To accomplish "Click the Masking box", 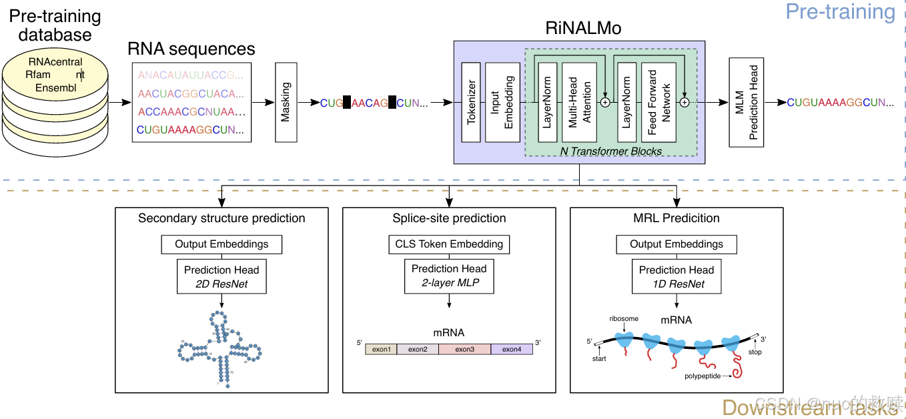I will tap(286, 102).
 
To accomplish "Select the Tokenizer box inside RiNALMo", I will tap(471, 102).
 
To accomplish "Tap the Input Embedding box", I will tap(502, 102).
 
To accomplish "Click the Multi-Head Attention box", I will tap(579, 102).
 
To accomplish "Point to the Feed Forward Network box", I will tap(658, 102).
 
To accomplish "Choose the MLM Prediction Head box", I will tap(746, 102).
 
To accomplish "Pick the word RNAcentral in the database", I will tap(55, 62).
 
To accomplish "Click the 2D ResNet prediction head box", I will tap(221, 277).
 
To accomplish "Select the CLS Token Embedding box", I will tap(449, 244).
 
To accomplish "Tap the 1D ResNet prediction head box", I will tap(676, 277).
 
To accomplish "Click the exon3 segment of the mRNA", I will tap(464, 349).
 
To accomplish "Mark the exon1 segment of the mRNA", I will tap(381, 349).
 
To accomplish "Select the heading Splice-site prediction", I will tap(449, 218).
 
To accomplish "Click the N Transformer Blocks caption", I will tap(610, 151).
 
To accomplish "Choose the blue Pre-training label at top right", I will tap(840, 12).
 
